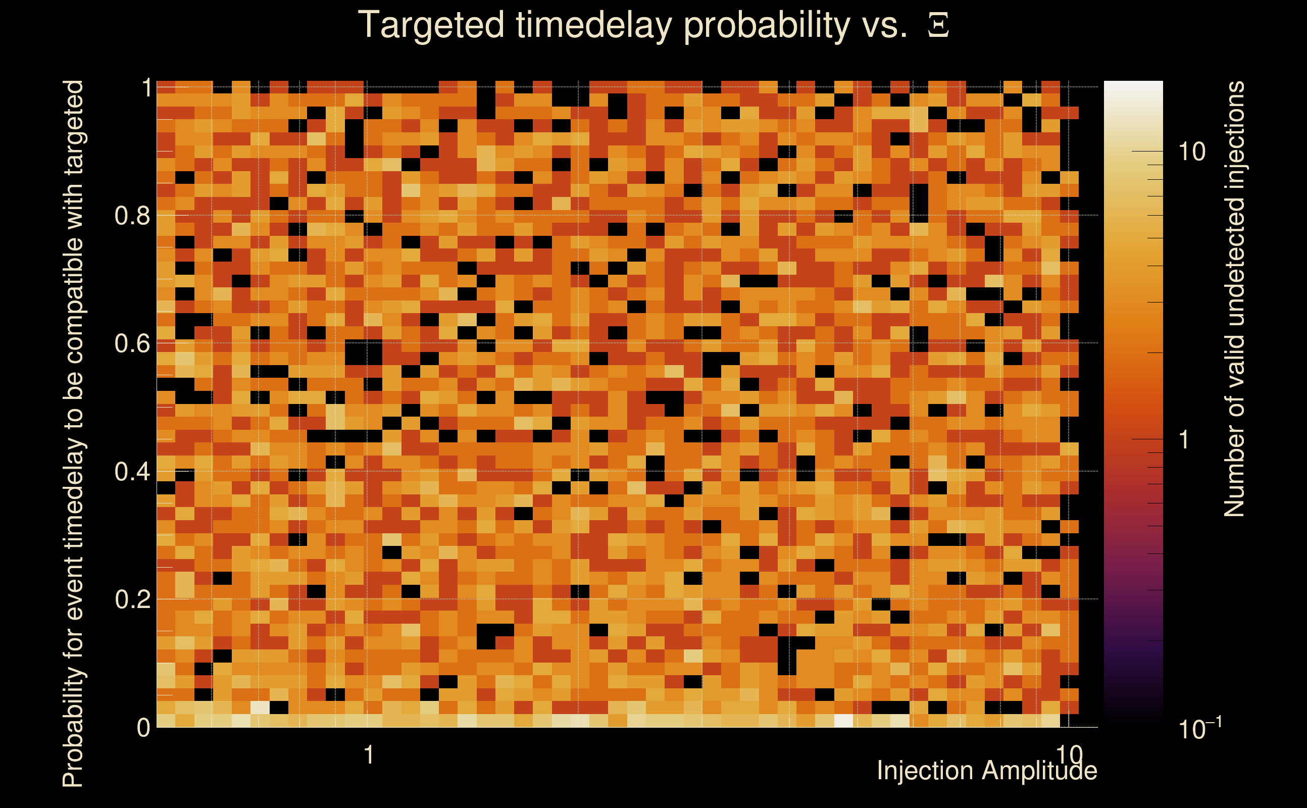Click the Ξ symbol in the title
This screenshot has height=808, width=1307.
(938, 25)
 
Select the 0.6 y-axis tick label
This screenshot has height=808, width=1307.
(131, 343)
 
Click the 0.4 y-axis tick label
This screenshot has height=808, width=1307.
(131, 471)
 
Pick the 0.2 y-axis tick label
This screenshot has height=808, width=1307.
(131, 599)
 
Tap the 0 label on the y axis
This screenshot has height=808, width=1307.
(143, 727)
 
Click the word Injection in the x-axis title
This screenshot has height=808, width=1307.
(926, 771)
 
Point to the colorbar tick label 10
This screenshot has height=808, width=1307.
(1191, 152)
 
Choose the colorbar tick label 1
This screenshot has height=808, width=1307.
(1184, 440)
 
